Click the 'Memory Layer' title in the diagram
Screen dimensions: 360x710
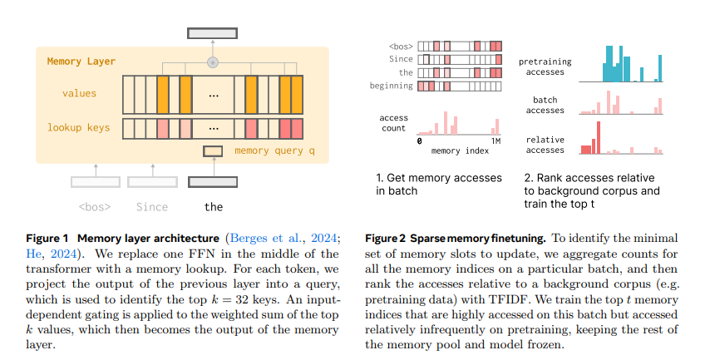(x=81, y=62)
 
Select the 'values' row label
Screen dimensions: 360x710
(x=80, y=93)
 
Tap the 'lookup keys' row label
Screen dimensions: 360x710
(x=80, y=127)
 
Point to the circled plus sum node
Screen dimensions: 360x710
(x=212, y=62)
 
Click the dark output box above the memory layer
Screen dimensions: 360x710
(x=212, y=33)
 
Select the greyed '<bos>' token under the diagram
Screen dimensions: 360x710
(x=95, y=206)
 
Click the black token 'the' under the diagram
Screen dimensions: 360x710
(x=214, y=206)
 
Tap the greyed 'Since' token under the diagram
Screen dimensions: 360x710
(x=151, y=206)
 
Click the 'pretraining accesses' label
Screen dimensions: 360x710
(x=540, y=67)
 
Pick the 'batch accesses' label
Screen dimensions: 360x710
(x=545, y=105)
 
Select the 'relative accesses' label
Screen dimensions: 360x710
(x=545, y=145)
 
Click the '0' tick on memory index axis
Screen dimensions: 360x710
(x=419, y=141)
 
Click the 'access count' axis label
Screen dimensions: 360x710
(x=393, y=123)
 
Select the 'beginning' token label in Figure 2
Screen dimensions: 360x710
(x=392, y=86)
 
